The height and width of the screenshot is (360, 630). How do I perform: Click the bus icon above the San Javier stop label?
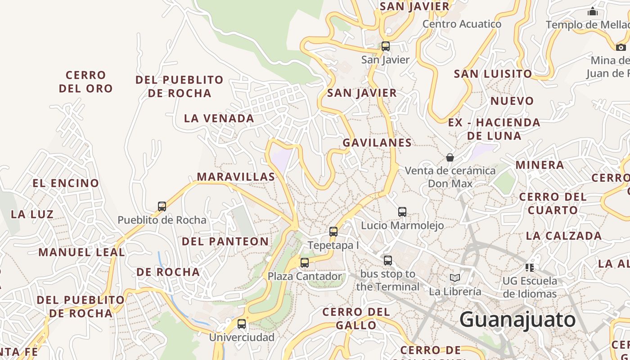pos(385,46)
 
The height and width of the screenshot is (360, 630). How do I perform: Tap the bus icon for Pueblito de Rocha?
pos(162,207)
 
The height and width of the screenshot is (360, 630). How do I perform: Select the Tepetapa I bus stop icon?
pos(333,232)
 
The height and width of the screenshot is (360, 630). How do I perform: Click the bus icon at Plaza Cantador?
pos(305,263)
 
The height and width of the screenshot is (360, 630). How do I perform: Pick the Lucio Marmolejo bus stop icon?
pos(402,212)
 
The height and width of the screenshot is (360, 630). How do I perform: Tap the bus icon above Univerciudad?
pos(242,324)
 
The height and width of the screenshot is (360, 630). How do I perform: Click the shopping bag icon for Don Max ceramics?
pos(450,157)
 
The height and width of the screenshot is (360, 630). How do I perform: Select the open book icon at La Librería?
pos(455,278)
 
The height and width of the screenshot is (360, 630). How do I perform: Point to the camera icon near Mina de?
pos(621,47)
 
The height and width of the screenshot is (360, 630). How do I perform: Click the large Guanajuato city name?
pos(517,320)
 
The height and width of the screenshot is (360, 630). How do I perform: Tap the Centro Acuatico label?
pos(462,24)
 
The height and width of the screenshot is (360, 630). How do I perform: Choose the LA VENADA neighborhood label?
pos(219,118)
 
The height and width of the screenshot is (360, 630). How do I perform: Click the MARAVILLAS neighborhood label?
pos(236,177)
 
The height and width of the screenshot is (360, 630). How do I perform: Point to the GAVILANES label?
pos(377,143)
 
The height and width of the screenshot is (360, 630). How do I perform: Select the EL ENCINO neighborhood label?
pos(66,183)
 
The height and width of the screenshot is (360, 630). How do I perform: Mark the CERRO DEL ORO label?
pos(85,81)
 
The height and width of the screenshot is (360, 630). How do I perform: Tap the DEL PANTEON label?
pos(225,241)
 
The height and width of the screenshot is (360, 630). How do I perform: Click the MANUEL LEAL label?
pos(81,252)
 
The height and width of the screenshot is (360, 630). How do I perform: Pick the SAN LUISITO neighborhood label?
pos(493,74)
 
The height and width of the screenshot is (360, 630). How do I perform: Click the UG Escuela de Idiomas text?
pos(530,287)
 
